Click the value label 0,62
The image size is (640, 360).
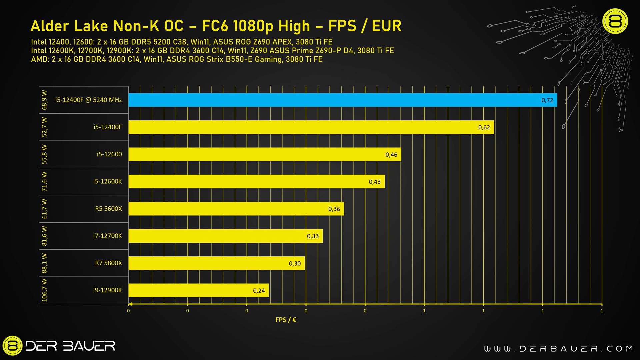point(484,127)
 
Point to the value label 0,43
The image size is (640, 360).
point(375,182)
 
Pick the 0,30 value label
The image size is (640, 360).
point(295,264)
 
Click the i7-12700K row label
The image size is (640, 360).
point(107,236)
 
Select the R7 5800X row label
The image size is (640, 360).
point(108,263)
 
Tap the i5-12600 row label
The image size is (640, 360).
point(109,154)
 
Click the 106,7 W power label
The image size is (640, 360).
point(44,290)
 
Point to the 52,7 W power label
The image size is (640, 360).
point(44,127)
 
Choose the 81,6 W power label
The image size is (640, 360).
point(44,236)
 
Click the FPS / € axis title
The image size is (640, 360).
point(286,320)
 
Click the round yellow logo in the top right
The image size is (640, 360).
point(615,21)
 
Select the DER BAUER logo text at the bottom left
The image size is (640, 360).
point(70,346)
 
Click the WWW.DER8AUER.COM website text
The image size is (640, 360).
point(558,349)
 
